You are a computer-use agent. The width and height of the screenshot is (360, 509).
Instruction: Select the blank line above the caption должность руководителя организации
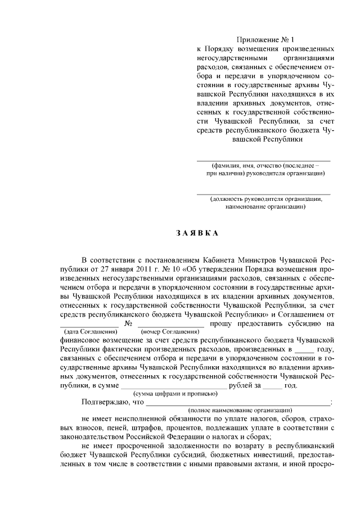tap(263, 193)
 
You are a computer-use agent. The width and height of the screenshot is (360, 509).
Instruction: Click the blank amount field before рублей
tap(174, 386)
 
